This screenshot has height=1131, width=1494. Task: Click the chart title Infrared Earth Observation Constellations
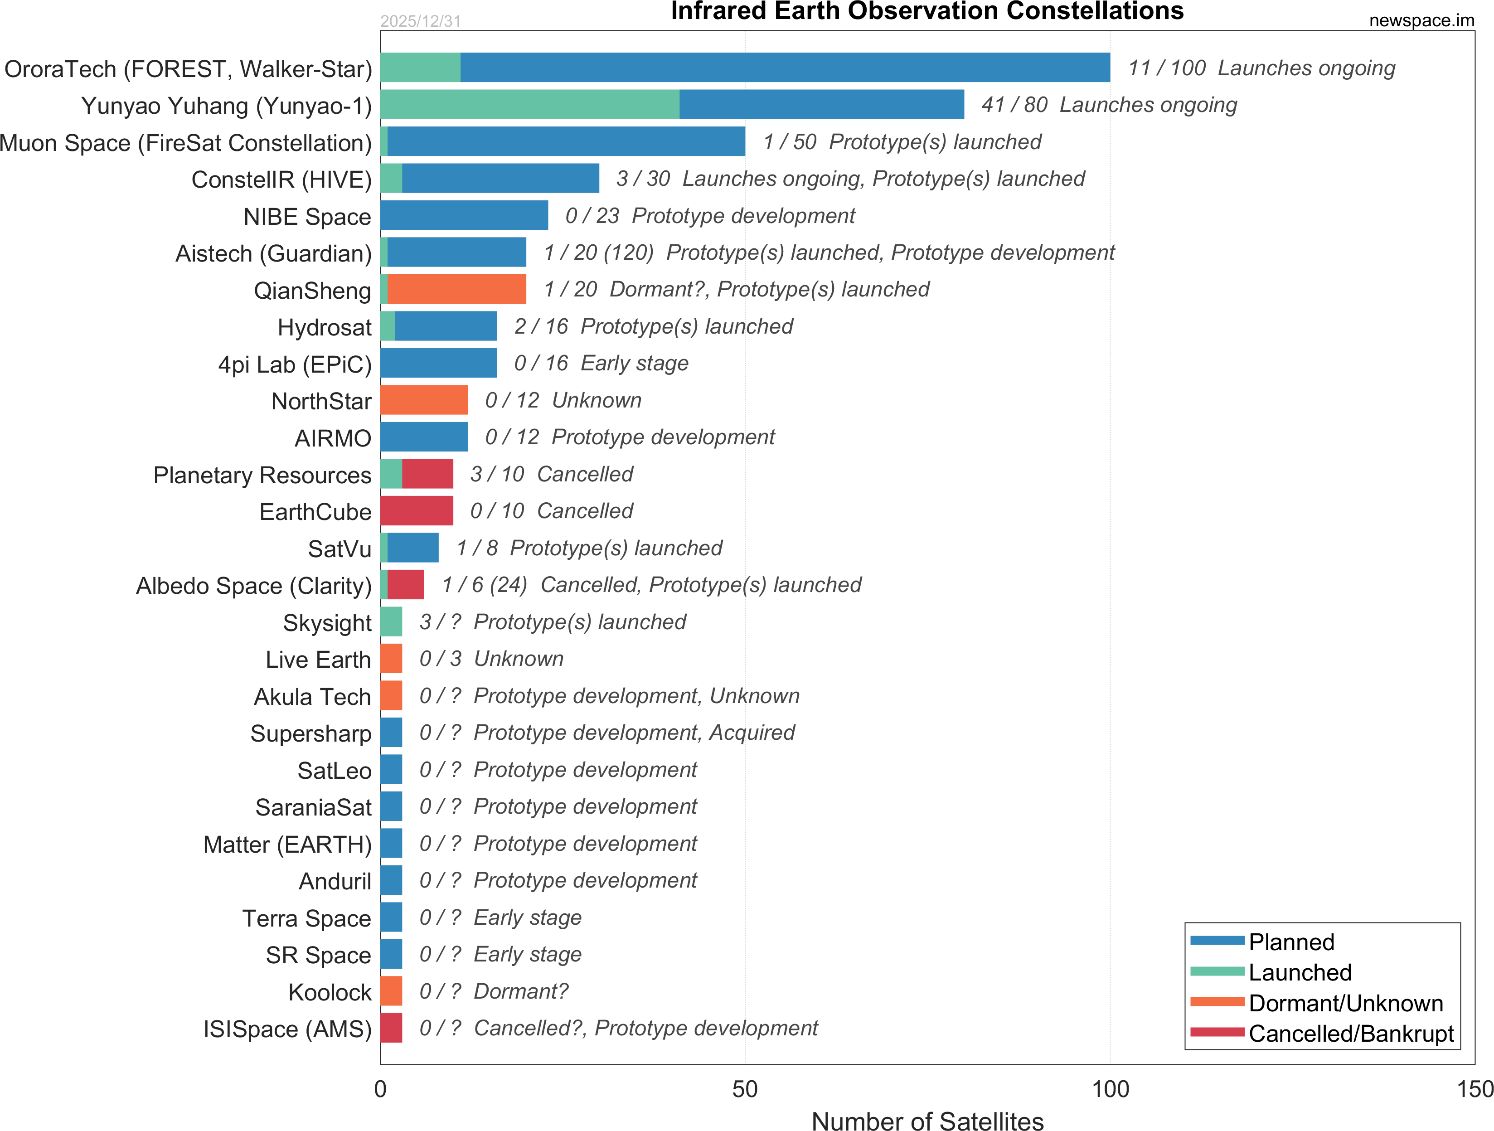926,11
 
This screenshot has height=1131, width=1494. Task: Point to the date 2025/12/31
420,21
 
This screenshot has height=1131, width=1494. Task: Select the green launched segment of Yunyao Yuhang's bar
529,105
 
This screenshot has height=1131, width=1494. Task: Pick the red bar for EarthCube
416,511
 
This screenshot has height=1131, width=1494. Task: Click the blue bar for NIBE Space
464,215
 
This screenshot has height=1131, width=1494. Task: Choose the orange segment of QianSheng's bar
456,289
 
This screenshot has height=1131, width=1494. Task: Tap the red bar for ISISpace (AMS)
391,1028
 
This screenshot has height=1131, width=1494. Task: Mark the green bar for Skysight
391,621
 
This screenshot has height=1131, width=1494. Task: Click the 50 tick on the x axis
745,1089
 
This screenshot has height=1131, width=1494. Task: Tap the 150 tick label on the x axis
1475,1089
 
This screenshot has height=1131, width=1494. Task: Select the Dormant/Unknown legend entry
1345,1003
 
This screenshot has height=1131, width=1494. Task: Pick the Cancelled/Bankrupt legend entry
1351,1034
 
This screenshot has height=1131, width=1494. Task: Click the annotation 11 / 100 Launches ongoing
1261,68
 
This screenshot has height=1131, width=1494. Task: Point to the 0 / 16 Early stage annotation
601,364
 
